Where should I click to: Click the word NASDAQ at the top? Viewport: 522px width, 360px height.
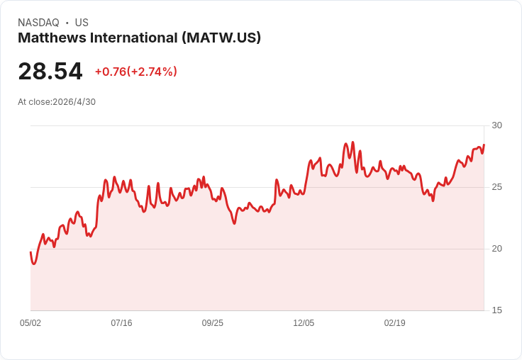(x=38, y=23)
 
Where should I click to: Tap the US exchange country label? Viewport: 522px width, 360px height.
(x=82, y=23)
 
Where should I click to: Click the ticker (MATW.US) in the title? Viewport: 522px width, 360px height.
(x=221, y=38)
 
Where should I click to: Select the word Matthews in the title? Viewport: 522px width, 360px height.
(x=52, y=38)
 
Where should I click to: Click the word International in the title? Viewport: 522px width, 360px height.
(x=134, y=38)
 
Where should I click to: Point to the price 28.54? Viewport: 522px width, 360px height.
(x=50, y=71)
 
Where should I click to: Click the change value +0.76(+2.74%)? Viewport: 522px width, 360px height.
(x=136, y=72)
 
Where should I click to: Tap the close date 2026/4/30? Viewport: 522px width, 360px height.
(x=74, y=102)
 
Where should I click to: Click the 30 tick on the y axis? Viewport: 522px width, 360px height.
(x=496, y=125)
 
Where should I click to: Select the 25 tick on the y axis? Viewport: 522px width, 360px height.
(x=496, y=187)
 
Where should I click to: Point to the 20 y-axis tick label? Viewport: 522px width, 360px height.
(x=496, y=249)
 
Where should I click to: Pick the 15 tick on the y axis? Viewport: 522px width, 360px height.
(x=496, y=310)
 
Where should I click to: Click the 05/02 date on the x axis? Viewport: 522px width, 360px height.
(x=30, y=323)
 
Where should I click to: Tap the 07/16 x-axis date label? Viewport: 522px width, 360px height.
(x=121, y=323)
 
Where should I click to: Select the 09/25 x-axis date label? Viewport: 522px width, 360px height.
(x=212, y=323)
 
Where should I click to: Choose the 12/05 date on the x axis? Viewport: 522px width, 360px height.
(x=304, y=323)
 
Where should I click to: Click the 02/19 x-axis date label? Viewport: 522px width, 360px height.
(x=395, y=323)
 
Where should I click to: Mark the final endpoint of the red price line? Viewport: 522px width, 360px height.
(x=484, y=145)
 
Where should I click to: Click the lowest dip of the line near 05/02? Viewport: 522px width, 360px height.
(x=33, y=264)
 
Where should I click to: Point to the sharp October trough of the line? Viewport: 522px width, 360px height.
(x=234, y=224)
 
